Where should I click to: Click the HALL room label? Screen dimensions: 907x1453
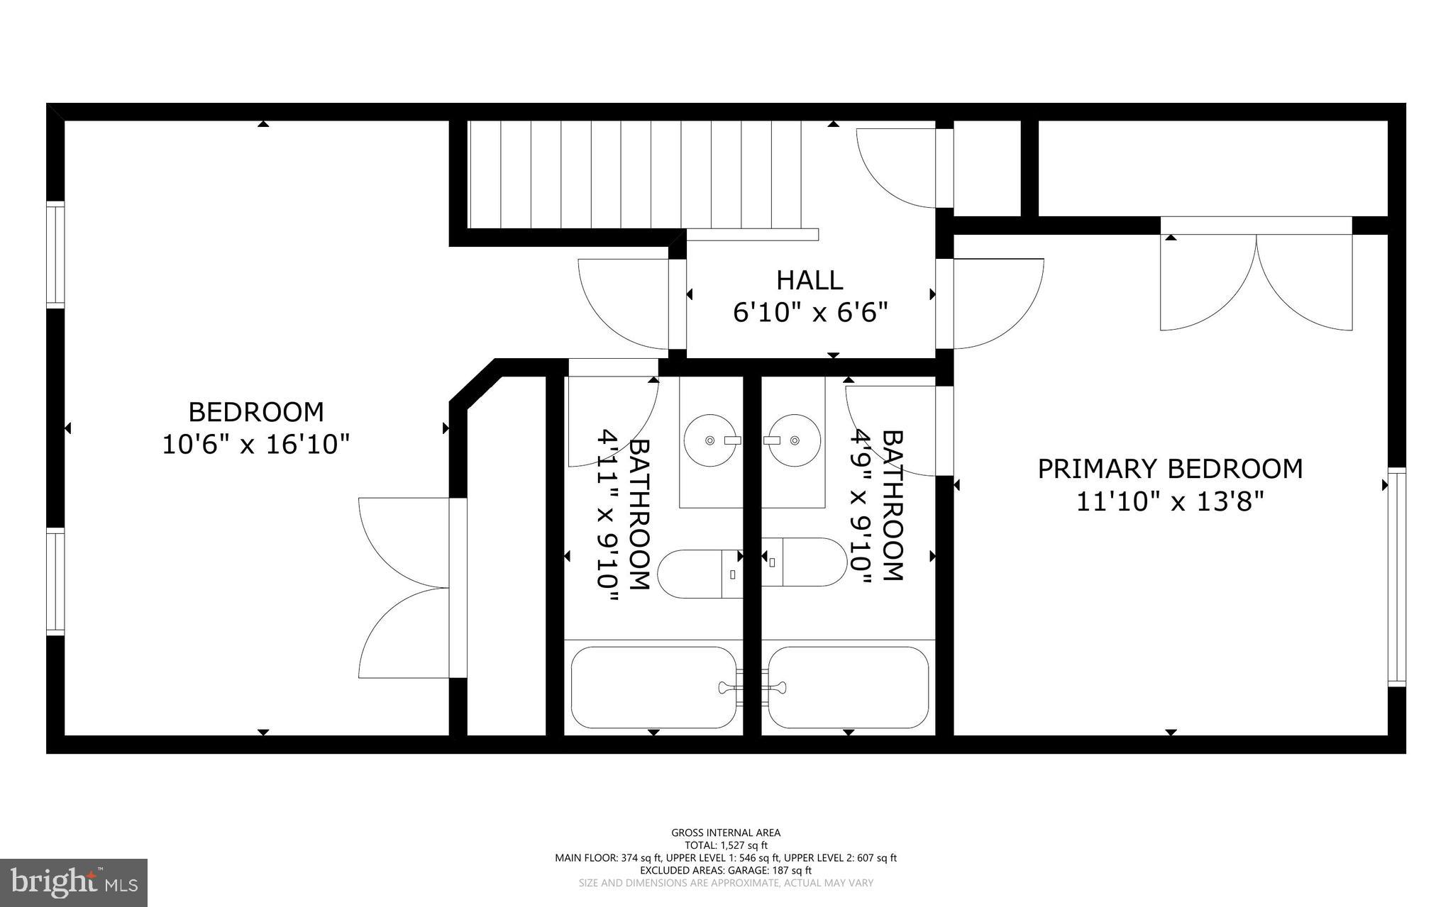(810, 280)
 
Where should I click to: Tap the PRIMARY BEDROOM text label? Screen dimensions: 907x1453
(1170, 469)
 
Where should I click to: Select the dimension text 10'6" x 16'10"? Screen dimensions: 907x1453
(256, 445)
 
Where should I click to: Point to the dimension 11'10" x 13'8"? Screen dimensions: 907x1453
(1171, 502)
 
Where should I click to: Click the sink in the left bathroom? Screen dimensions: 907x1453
(709, 440)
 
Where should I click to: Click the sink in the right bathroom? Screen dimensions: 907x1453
(795, 440)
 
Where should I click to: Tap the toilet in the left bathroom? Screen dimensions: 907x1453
(699, 573)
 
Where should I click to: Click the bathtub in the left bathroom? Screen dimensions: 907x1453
(653, 687)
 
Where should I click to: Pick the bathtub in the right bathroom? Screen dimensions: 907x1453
(849, 687)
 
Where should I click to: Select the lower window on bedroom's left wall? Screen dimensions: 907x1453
(55, 580)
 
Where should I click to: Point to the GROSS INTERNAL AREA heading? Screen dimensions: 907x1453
(726, 833)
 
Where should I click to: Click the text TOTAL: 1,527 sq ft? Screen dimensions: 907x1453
(726, 845)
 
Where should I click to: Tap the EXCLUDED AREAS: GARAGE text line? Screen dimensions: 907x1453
(726, 870)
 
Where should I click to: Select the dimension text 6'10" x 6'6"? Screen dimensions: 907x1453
(810, 312)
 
